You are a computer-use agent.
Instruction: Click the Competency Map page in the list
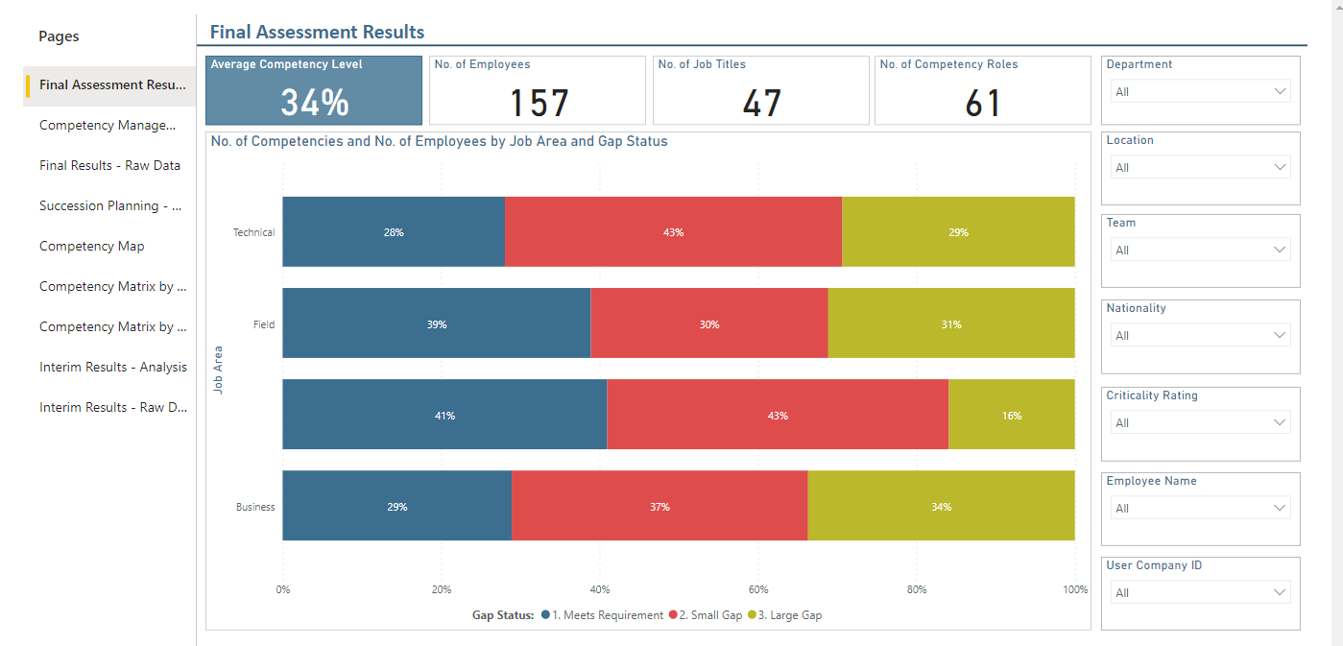tap(92, 247)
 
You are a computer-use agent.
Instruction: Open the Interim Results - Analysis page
tap(113, 367)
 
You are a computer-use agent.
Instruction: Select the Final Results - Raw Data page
tap(109, 165)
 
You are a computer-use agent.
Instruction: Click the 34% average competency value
tap(315, 102)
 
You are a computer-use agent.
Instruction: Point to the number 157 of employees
tap(539, 103)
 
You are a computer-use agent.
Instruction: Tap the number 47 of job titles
tap(761, 103)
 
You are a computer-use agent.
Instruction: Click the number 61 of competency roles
tap(983, 103)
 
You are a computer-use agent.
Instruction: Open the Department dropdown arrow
tap(1280, 92)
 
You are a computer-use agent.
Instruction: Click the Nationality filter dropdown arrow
tap(1280, 335)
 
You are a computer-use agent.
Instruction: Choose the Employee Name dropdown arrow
tap(1280, 508)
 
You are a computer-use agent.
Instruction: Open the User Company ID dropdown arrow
tap(1280, 592)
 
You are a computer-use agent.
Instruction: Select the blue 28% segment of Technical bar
tap(394, 232)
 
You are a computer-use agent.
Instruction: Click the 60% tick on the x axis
tap(757, 589)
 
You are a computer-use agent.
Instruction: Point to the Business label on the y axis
tap(255, 507)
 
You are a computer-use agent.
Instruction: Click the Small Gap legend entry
tap(706, 615)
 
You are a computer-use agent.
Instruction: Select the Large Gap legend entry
tap(785, 615)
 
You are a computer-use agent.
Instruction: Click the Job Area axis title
tap(218, 370)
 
